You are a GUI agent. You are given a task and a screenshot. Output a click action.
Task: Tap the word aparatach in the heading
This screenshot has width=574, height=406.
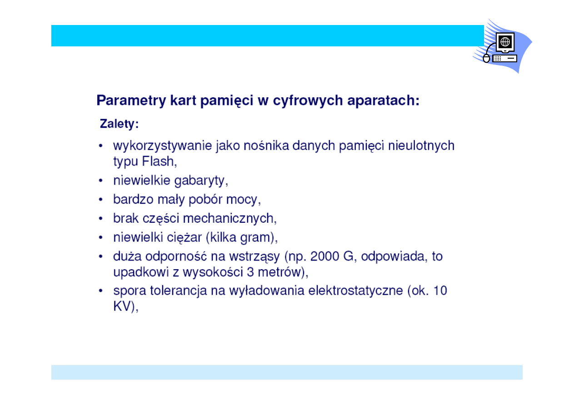pyautogui.click(x=380, y=100)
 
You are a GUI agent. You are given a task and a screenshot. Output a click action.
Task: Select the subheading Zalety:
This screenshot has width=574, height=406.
pyautogui.click(x=119, y=124)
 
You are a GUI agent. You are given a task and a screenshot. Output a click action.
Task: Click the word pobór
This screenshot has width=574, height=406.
pyautogui.click(x=205, y=200)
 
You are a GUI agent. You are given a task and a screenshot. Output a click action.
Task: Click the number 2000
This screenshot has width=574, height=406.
pyautogui.click(x=324, y=256)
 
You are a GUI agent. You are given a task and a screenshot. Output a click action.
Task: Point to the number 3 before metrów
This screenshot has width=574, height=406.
pyautogui.click(x=250, y=272)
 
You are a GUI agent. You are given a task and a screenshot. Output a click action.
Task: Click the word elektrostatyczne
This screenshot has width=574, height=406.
pyautogui.click(x=355, y=291)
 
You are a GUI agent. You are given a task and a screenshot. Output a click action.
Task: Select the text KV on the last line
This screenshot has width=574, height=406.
pyautogui.click(x=122, y=306)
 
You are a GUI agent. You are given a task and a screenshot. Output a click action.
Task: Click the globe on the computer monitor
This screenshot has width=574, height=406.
pyautogui.click(x=505, y=41)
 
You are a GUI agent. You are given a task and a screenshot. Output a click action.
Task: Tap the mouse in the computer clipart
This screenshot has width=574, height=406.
pyautogui.click(x=486, y=59)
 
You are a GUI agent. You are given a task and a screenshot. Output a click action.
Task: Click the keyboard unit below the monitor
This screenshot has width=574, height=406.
pyautogui.click(x=504, y=59)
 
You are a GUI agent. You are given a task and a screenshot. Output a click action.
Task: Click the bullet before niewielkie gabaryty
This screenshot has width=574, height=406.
pyautogui.click(x=101, y=181)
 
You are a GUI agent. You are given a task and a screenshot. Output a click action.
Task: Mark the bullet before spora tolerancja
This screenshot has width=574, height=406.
pyautogui.click(x=101, y=291)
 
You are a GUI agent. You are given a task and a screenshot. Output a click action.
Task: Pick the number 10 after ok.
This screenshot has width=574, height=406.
pyautogui.click(x=440, y=291)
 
